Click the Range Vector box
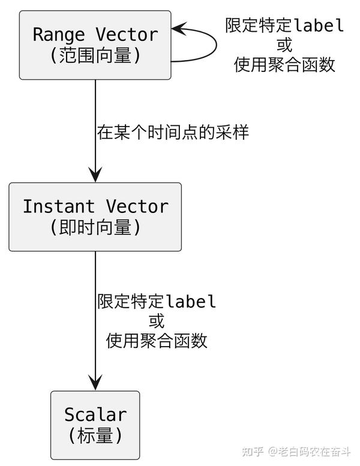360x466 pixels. tap(95, 45)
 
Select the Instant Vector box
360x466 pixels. tap(95, 217)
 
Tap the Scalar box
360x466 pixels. tap(95, 425)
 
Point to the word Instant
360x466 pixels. tap(58, 206)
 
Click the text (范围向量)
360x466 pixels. tap(95, 56)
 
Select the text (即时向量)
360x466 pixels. tap(95, 228)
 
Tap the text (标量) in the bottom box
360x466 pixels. tap(95, 436)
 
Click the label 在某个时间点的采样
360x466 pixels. tap(173, 133)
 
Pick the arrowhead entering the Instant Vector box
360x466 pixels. tap(95, 175)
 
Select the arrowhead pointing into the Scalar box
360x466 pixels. tap(95, 383)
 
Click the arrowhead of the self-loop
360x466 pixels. tap(179, 28)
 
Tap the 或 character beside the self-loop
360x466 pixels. tap(284, 45)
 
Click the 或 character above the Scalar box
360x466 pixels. tap(157, 321)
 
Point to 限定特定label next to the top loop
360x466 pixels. tap(284, 25)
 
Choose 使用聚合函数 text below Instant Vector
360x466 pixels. tap(157, 341)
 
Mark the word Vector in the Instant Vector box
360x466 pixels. tap(137, 206)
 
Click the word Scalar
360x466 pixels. tap(95, 414)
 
